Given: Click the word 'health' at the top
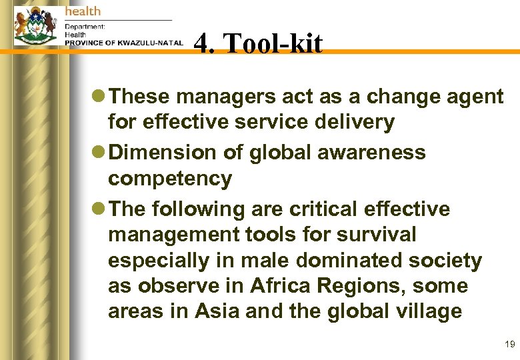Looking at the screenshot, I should coord(83,11).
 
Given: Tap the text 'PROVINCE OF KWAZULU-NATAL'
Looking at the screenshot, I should coord(124,43).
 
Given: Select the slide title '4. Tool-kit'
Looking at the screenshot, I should coord(258,44).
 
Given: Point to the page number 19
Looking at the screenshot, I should coord(510,344).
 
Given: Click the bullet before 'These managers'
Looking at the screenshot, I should coord(99,97).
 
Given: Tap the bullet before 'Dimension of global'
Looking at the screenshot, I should coord(99,153).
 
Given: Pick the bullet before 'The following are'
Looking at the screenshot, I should coord(99,209).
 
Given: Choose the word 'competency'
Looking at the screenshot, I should coord(170,179).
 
